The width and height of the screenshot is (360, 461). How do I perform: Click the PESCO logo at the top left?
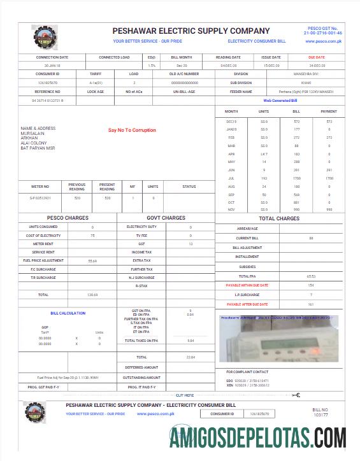44,38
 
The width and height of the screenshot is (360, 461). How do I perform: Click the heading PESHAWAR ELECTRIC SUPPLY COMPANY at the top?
191,31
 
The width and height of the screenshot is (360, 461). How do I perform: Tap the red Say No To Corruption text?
132,131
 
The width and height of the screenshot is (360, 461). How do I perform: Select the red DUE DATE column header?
316,57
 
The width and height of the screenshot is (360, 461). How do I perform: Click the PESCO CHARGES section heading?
68,218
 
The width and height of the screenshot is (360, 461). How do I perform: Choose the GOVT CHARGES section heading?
166,218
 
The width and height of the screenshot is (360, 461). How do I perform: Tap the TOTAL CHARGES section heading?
279,218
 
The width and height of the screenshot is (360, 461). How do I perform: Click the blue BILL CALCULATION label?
68,313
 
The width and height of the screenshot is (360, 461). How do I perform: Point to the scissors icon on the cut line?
296,395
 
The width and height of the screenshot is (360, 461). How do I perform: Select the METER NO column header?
41,187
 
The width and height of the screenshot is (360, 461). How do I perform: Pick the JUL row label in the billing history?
231,179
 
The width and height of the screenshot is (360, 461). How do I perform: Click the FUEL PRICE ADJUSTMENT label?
43,260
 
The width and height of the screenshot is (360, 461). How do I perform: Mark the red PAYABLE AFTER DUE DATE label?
247,304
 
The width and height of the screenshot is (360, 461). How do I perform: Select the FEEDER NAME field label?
241,91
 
